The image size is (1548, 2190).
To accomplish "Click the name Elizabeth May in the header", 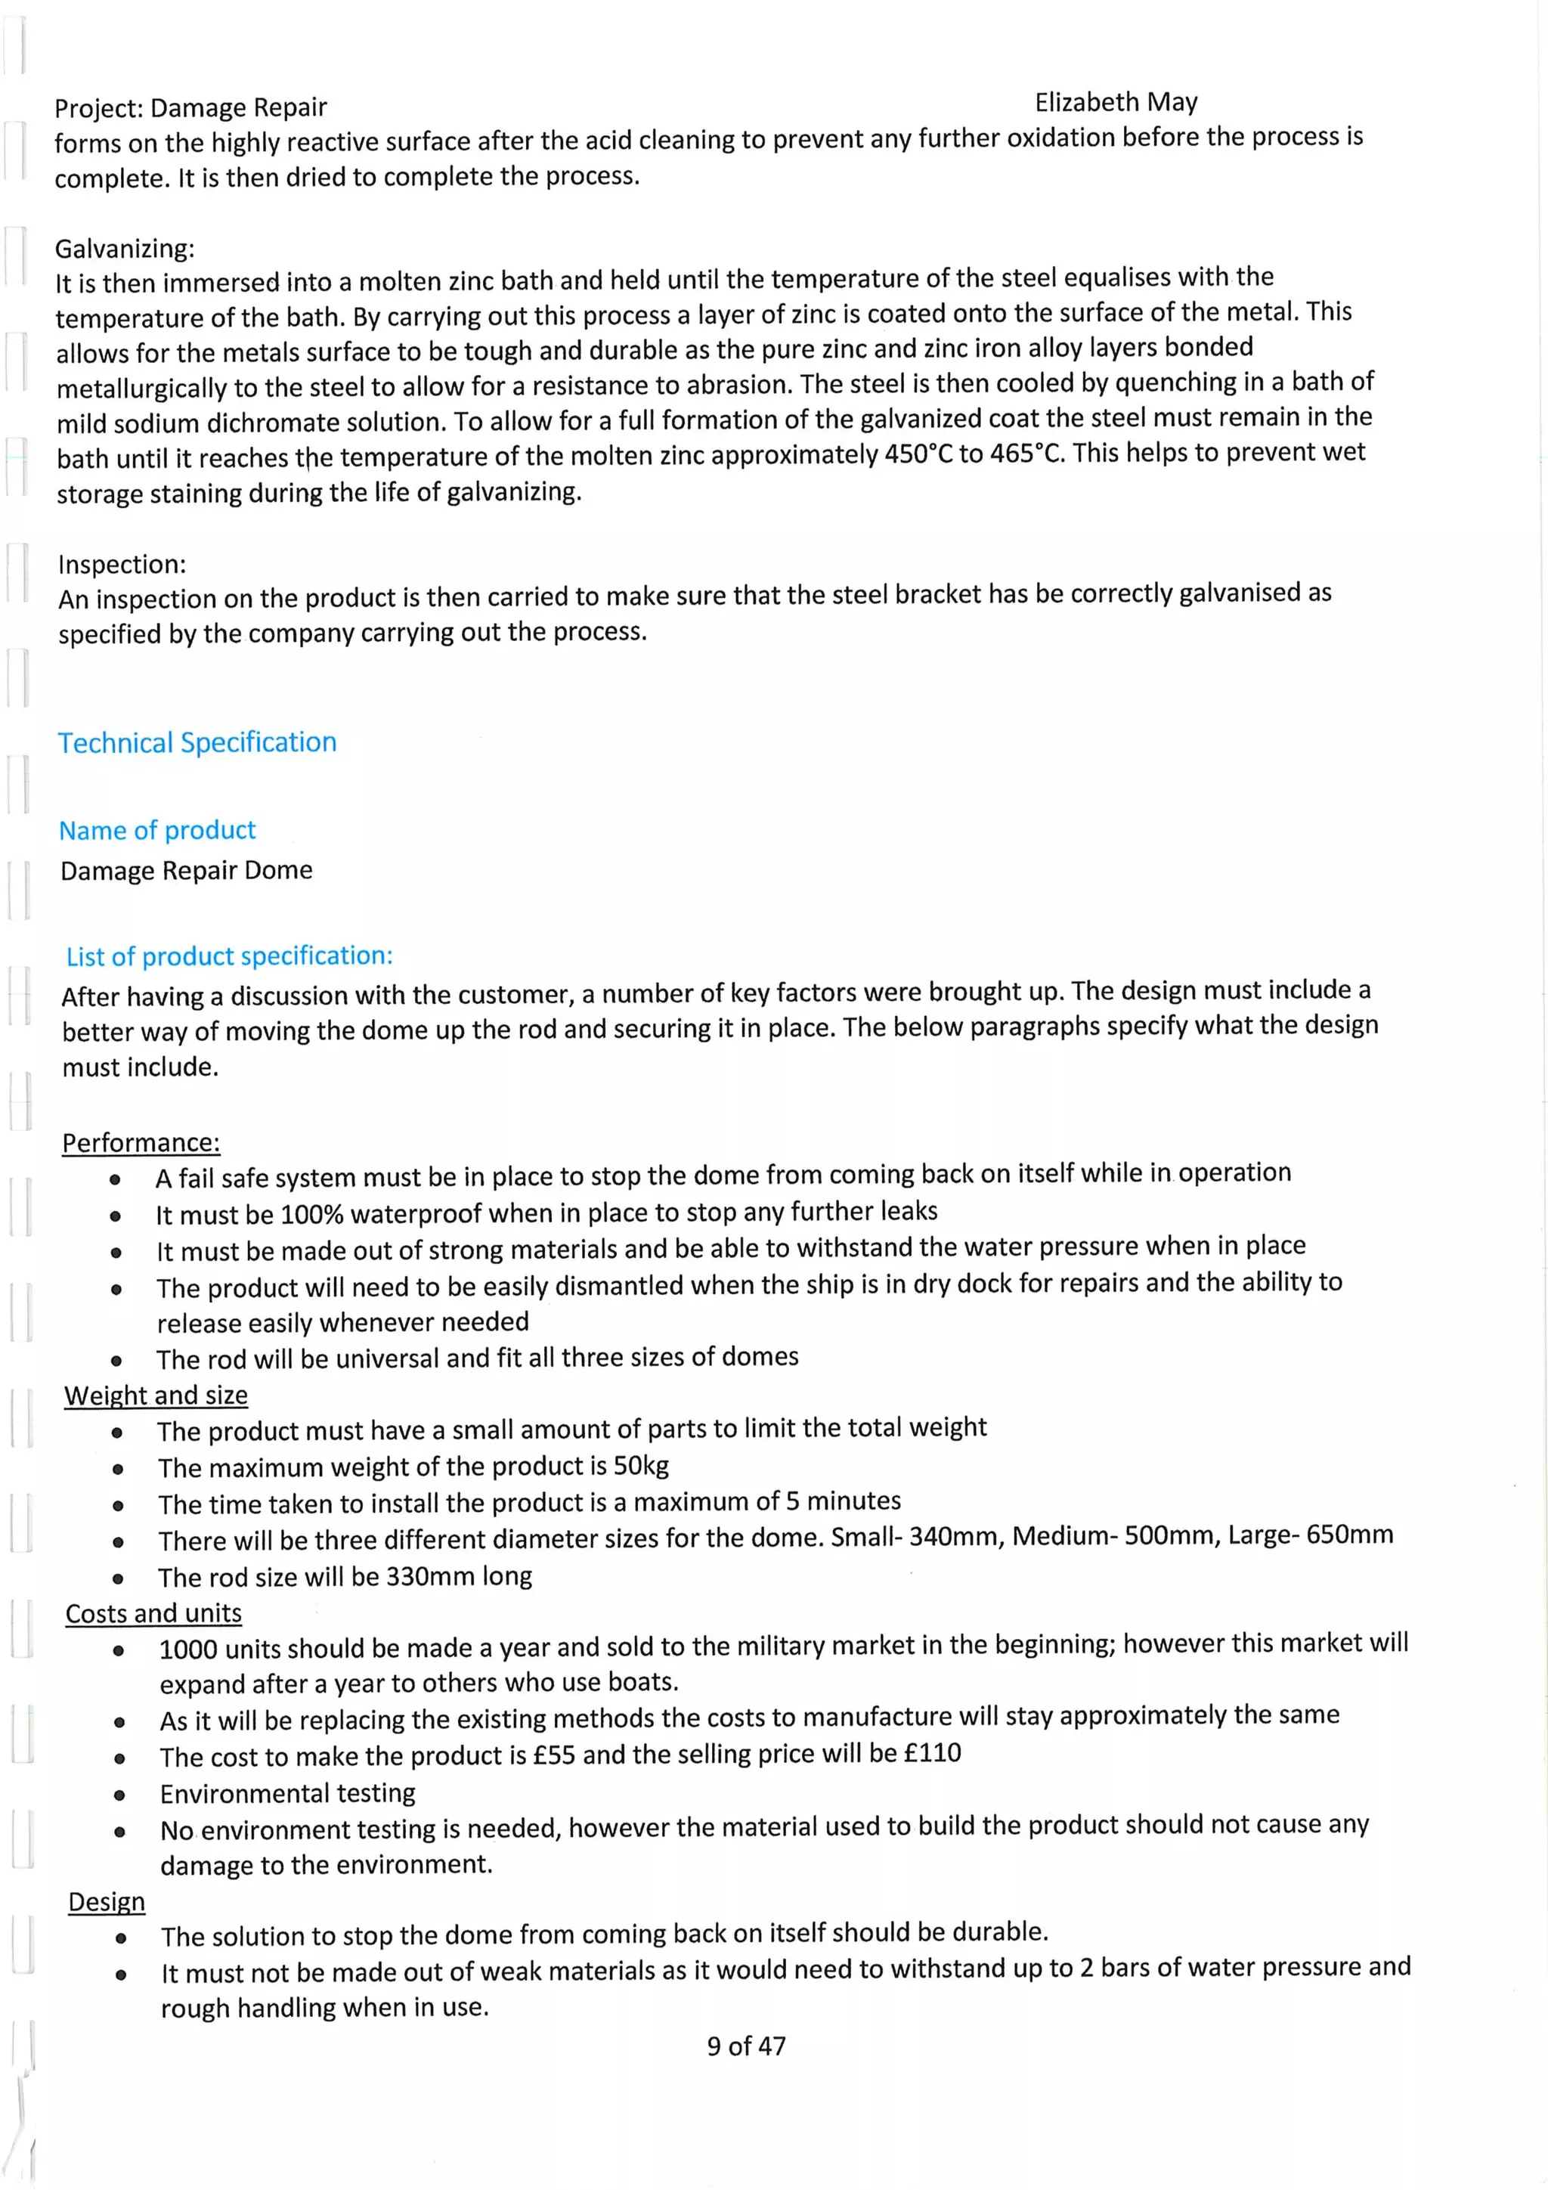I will click(1115, 102).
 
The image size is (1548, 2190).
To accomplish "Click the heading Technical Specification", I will click(197, 742).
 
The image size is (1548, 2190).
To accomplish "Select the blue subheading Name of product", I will click(157, 830).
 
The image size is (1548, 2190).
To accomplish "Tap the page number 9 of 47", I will click(746, 2045).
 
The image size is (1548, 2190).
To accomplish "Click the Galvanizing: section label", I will click(125, 249).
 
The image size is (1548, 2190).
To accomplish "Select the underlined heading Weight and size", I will click(156, 1395).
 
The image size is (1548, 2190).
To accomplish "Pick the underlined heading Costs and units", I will click(153, 1613).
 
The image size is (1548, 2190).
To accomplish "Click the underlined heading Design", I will click(107, 1901).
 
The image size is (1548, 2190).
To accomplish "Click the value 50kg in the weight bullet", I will click(641, 1465).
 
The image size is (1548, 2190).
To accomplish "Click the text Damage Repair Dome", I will click(187, 870).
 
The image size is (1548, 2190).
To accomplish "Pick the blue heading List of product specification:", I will click(229, 956).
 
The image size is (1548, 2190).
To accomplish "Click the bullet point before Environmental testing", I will click(119, 1795).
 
